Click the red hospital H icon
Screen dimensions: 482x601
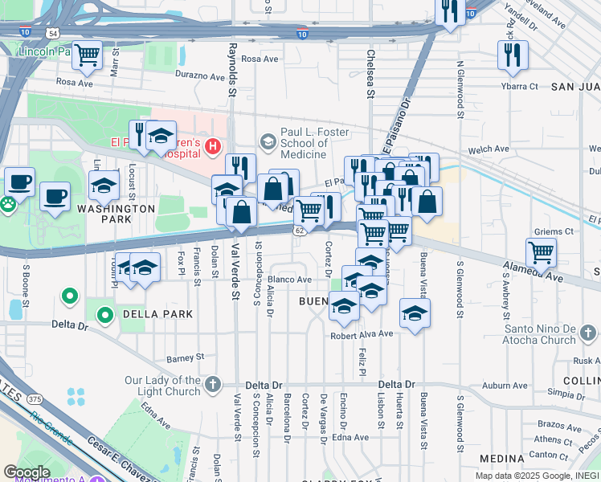212,145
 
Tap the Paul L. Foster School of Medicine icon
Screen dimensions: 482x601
268,141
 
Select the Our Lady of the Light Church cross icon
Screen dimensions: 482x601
212,384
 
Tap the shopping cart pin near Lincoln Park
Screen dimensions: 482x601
87,55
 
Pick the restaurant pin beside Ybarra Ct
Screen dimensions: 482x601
512,55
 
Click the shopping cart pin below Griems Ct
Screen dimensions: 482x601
542,252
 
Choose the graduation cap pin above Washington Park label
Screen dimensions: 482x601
104,185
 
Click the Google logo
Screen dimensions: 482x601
27,472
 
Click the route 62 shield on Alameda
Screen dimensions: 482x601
298,230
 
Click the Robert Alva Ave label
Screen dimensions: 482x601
362,333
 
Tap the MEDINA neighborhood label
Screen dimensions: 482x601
501,459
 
